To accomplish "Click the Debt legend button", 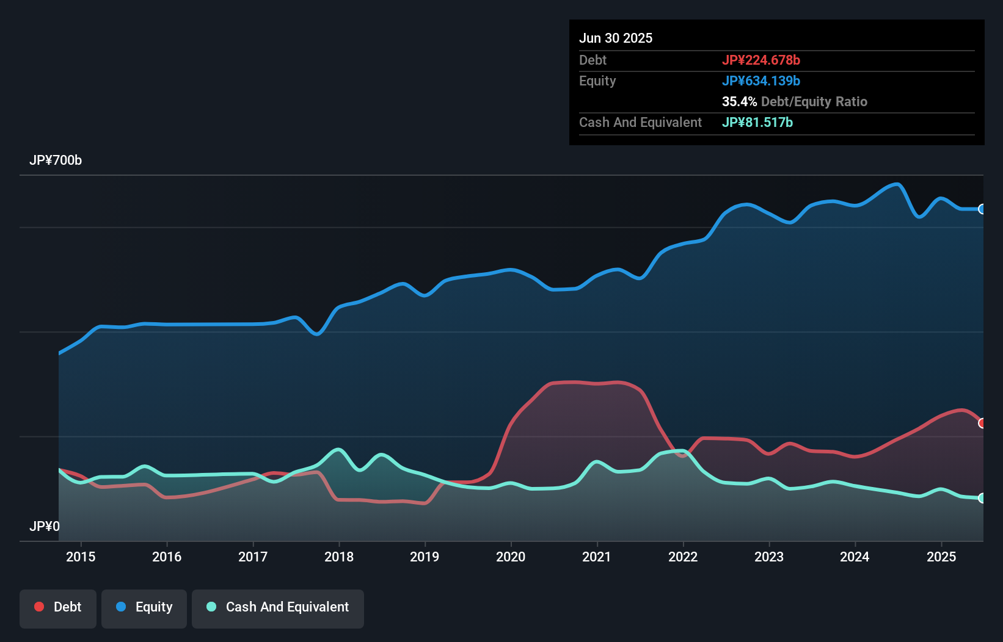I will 58,608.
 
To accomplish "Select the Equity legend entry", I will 144,608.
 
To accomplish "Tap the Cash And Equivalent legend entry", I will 278,608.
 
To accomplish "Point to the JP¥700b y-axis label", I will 56,161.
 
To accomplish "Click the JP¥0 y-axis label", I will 45,527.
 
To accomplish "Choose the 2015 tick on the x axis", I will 81,557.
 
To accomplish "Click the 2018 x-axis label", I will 339,557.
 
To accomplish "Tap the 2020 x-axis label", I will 511,557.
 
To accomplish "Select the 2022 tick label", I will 683,557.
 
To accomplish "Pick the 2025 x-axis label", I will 941,557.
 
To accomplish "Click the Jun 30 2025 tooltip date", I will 616,38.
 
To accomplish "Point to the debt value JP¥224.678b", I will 761,60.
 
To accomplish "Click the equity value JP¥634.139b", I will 761,81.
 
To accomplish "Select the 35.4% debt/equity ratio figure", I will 739,102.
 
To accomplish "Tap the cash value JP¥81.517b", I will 757,123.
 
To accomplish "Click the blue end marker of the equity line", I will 982,209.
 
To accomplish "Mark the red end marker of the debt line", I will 982,423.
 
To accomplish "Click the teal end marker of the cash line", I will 982,498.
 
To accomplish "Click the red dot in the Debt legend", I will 39,607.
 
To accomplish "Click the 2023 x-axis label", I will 769,557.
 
